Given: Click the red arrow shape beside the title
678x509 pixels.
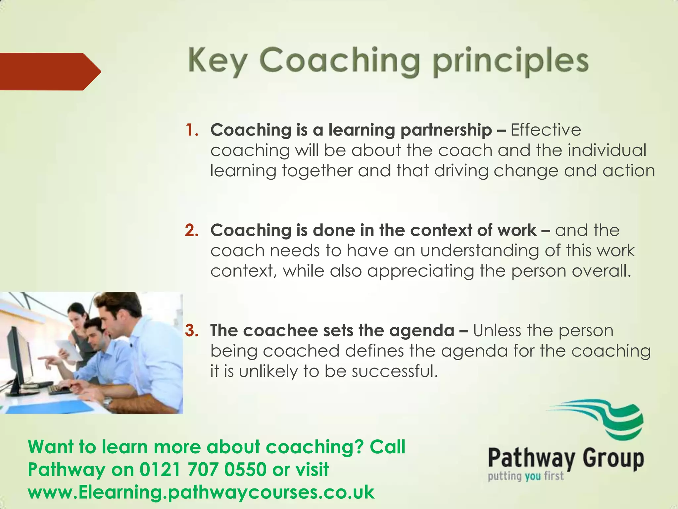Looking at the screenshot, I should [x=50, y=71].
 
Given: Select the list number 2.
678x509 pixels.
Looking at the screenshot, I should [x=191, y=230].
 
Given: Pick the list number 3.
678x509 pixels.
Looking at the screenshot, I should [x=191, y=331].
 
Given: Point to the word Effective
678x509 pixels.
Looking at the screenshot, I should [x=546, y=130].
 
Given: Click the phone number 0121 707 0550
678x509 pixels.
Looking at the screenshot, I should [x=203, y=470].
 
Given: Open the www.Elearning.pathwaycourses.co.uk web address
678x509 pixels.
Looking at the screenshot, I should [x=201, y=492].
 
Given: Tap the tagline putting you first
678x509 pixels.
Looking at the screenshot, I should [x=525, y=477].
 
